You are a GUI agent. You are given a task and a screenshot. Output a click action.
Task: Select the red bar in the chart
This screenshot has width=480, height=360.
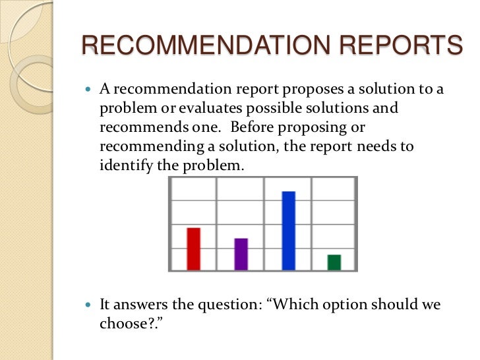tap(193, 249)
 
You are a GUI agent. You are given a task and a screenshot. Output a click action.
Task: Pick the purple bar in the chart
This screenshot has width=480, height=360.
tap(241, 254)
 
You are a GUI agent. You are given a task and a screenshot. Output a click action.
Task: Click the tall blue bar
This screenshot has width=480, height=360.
tap(288, 230)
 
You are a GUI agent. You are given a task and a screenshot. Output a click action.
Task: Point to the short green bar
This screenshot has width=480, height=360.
tap(334, 262)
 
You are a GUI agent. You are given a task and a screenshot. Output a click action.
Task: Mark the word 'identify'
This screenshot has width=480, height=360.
tap(121, 165)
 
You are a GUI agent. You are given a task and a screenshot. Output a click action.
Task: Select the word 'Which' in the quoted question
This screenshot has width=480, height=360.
tap(294, 305)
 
